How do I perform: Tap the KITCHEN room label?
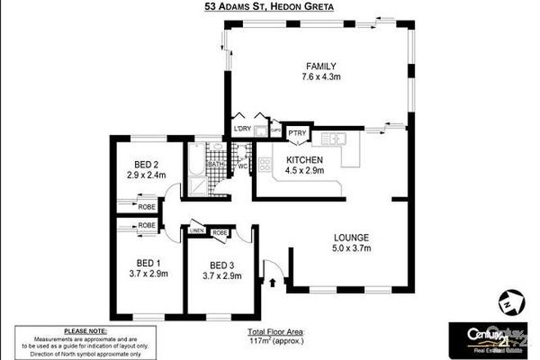pos(305,159)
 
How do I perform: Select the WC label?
pos(243,167)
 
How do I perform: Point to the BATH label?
pos(215,164)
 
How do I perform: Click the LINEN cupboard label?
pos(196,232)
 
